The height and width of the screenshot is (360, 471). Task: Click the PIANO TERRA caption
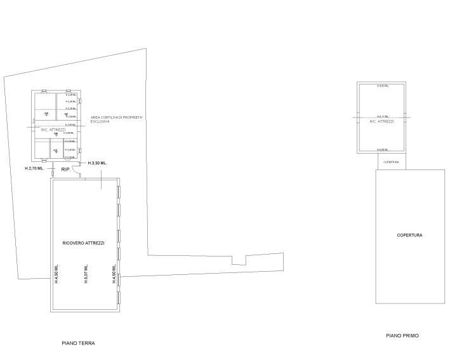(79, 343)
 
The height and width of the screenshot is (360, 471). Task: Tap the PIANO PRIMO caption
(402, 335)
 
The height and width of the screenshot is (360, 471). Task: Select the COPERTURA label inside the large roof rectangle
(410, 236)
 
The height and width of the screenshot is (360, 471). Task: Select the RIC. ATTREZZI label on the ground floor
(53, 130)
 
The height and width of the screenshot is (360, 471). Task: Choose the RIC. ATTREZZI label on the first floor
(382, 121)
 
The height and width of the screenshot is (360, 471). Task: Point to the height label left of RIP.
(34, 169)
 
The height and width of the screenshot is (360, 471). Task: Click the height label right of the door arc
(98, 164)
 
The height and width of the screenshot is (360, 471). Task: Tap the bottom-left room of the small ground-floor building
(42, 149)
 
